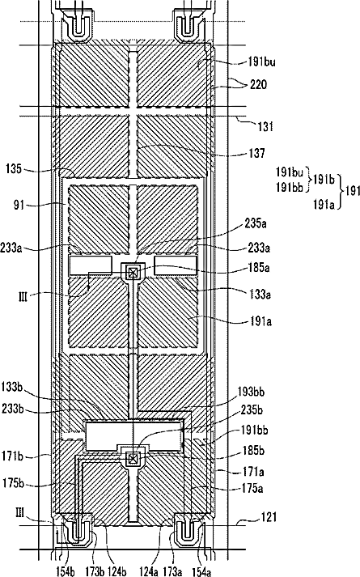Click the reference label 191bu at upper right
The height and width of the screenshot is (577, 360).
(x=261, y=62)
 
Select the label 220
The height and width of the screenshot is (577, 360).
(x=259, y=85)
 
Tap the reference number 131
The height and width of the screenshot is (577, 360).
(x=265, y=126)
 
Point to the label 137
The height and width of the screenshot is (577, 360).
(x=256, y=153)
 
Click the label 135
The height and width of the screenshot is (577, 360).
(x=14, y=169)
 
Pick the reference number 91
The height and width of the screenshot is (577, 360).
(x=19, y=205)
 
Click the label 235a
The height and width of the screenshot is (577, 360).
(x=255, y=223)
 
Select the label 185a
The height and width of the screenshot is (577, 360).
(x=259, y=268)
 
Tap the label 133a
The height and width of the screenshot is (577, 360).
(x=259, y=294)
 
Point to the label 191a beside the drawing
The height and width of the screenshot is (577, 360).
(x=261, y=321)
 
